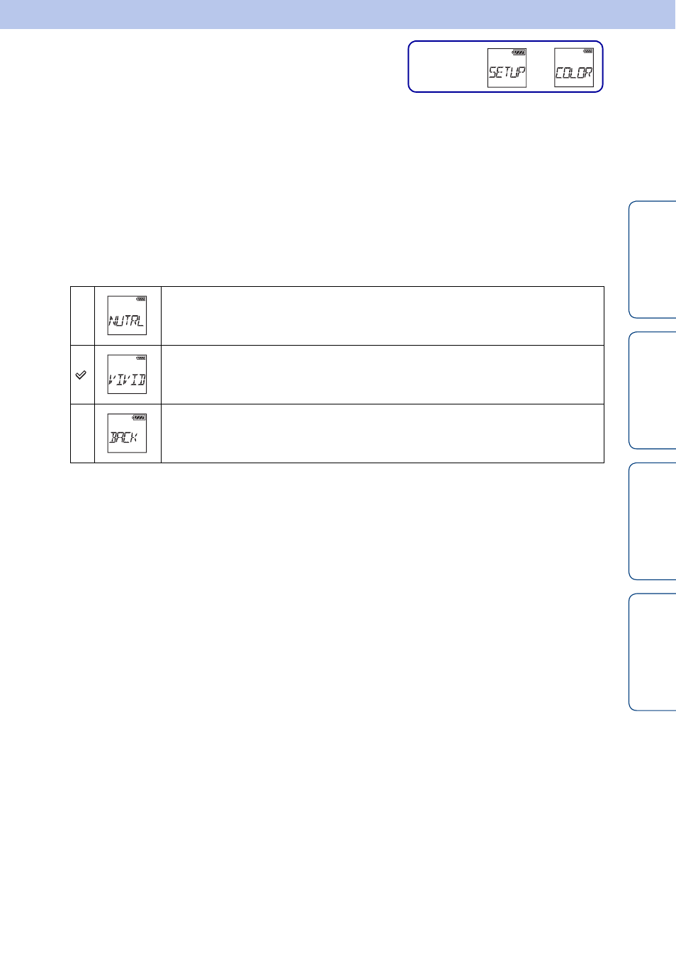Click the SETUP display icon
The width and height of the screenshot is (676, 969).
click(x=507, y=68)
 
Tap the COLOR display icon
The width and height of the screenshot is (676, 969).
click(x=574, y=67)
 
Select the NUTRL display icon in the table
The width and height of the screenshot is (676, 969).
click(x=127, y=315)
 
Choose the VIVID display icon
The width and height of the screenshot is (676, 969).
click(x=127, y=374)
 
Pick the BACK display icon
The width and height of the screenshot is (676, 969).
click(x=127, y=433)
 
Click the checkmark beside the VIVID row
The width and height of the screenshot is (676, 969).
click(x=81, y=375)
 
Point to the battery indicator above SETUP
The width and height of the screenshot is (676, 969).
click(x=519, y=52)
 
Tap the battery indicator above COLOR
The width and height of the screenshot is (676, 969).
click(x=587, y=51)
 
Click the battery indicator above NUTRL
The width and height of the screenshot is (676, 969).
click(x=141, y=299)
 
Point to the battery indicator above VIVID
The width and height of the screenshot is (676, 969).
click(x=141, y=358)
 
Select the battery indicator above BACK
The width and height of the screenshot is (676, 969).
click(x=139, y=417)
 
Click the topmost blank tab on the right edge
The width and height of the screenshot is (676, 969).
click(x=652, y=259)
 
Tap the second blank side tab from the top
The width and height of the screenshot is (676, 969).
click(x=652, y=390)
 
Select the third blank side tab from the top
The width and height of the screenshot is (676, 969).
click(x=652, y=521)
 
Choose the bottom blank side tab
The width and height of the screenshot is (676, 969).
click(x=652, y=652)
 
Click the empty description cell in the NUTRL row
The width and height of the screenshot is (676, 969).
click(x=383, y=316)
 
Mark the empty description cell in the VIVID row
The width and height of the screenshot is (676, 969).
click(x=383, y=375)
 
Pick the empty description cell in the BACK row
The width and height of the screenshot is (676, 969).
click(x=383, y=433)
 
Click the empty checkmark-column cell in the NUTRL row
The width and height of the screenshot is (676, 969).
click(x=83, y=316)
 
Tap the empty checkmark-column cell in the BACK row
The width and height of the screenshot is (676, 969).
click(x=83, y=433)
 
